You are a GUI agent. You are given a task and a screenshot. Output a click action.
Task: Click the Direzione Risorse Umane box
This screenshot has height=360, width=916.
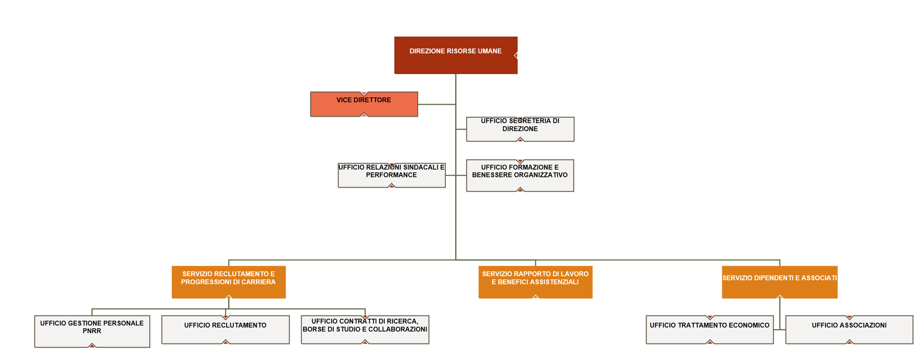pos(455,55)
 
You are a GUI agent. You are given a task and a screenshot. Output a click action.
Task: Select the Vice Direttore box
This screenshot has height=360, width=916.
pos(364,104)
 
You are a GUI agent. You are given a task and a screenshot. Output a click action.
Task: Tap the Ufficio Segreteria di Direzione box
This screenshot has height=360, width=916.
pos(520,129)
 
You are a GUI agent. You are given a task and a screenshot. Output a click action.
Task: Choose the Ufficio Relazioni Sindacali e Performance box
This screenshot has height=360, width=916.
pos(391,175)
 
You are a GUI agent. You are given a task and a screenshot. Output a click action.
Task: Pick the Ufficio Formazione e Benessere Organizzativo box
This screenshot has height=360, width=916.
pos(520,175)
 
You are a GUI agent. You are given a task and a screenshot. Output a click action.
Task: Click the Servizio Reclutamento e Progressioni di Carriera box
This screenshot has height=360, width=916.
pos(228,282)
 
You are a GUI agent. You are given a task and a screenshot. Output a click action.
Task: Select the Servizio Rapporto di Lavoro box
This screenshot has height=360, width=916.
pos(535,282)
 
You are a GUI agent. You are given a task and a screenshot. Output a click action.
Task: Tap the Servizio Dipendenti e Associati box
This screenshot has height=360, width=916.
pos(779,282)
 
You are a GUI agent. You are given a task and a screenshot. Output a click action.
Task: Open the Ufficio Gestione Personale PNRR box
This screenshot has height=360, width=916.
pos(92,331)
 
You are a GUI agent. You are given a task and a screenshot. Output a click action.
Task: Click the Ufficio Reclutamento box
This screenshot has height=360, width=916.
pos(225,329)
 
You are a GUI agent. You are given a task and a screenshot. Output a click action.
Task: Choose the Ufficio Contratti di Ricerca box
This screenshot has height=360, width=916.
pos(365,329)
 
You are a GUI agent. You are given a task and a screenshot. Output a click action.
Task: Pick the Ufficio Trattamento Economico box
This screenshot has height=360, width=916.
pos(709,329)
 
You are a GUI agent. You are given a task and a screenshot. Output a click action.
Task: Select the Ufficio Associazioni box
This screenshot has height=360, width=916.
pos(849,329)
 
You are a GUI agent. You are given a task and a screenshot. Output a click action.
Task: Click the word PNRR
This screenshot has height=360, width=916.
pos(92,331)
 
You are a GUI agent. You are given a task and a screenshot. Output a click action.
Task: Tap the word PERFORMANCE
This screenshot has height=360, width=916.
pos(391,175)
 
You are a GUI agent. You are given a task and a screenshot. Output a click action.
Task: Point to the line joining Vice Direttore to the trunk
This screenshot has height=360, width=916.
pos(437,104)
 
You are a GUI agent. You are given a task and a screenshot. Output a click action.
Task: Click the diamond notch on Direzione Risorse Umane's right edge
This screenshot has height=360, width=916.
pos(515,55)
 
